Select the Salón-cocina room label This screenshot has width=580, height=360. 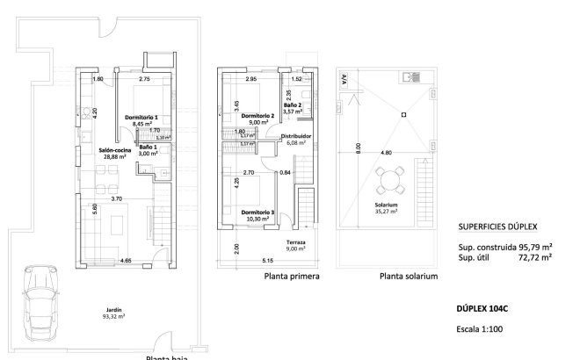click(114, 153)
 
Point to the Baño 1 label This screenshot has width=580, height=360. click(149, 149)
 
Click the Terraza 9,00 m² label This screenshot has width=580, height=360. click(296, 245)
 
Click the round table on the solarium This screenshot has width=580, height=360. click(388, 183)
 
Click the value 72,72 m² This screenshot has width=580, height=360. click(536, 258)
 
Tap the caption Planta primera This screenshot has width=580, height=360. click(291, 276)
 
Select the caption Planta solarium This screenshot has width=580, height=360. click(409, 276)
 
